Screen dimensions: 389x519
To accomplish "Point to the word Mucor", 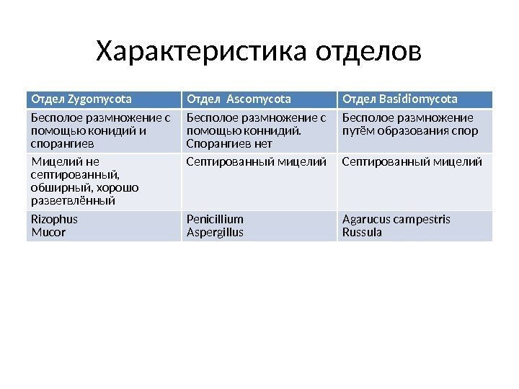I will (x=48, y=233).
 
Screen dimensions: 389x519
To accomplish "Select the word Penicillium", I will (x=215, y=219).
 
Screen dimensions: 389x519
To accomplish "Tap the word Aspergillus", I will (x=215, y=233).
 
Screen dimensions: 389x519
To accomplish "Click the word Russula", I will (x=362, y=233).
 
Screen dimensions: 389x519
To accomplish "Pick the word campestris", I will (x=421, y=219).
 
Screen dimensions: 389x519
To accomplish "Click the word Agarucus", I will (x=365, y=219).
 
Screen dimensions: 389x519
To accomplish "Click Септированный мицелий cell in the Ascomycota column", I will (x=257, y=161).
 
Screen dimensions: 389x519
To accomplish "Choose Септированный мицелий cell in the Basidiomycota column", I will (x=412, y=161).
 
